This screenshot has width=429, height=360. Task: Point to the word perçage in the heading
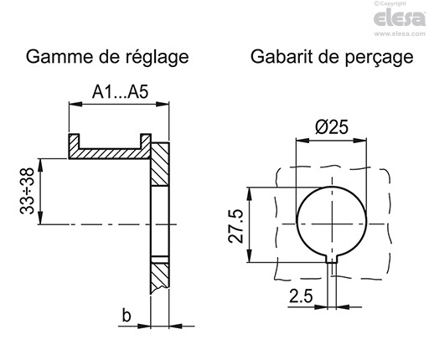(379, 59)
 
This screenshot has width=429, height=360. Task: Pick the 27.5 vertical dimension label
(238, 225)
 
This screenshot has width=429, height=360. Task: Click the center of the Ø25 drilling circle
(332, 222)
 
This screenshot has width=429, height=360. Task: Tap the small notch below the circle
(333, 260)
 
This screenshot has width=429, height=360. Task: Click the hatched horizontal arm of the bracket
(109, 153)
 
